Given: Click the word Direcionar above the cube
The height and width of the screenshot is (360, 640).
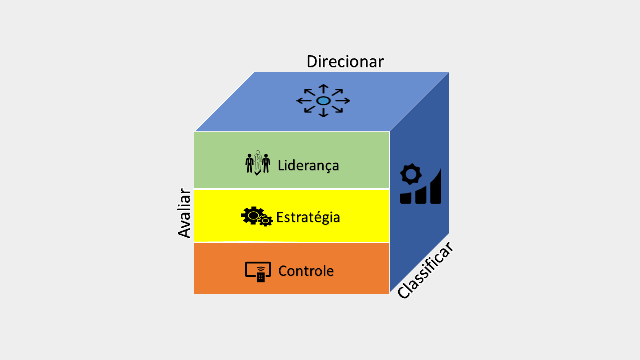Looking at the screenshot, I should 345,61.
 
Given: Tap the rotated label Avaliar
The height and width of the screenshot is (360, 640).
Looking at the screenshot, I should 184,213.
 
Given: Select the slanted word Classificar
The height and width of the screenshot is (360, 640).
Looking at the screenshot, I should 425,270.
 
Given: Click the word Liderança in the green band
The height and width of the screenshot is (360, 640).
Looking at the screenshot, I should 308,165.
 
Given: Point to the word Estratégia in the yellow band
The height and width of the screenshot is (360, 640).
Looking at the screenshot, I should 308,217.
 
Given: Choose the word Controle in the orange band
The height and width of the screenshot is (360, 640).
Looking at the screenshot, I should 306,271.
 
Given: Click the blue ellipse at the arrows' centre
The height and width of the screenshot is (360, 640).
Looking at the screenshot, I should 323,101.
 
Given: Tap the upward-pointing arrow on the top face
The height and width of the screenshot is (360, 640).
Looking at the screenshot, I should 323,89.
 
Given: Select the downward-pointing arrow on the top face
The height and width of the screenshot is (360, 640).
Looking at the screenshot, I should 323,112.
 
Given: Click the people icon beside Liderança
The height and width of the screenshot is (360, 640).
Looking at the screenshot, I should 258,163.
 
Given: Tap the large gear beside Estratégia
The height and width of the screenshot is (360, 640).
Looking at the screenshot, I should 252,215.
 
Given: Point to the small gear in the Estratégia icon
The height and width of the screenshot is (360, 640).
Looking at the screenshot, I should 266,220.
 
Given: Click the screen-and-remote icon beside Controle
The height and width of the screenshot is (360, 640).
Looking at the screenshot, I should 258,271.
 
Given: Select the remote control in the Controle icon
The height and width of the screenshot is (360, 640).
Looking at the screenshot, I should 261,275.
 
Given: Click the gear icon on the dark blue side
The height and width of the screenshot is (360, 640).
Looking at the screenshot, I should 411,174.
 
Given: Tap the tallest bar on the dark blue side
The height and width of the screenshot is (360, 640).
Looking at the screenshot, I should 435,187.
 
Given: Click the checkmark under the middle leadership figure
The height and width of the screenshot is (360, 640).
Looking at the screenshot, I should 257,173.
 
